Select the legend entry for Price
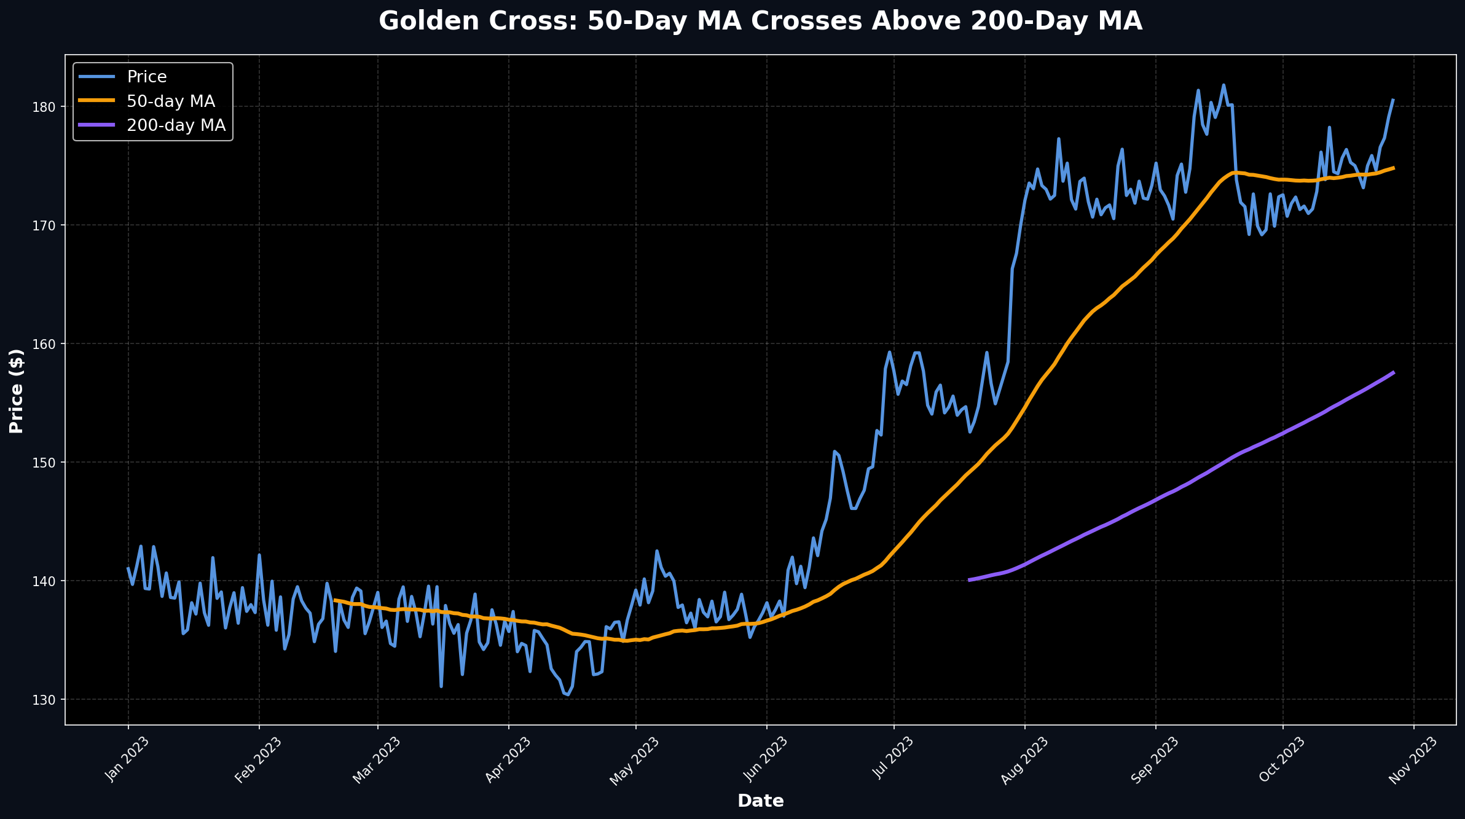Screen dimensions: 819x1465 point(146,77)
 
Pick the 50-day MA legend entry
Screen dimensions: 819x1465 point(170,101)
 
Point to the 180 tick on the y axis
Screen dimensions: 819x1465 point(44,107)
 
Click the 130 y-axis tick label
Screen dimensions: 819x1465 point(44,699)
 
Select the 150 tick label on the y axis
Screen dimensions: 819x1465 point(44,462)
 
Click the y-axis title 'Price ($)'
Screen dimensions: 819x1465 point(17,391)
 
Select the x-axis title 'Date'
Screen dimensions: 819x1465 point(760,801)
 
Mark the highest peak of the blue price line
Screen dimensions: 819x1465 point(1223,85)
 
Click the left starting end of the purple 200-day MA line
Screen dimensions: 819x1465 point(969,579)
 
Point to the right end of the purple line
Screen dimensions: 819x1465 point(1393,372)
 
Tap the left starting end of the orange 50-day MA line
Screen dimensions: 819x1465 point(334,600)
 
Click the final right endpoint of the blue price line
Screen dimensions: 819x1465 point(1393,99)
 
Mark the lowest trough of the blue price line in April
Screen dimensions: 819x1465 point(567,695)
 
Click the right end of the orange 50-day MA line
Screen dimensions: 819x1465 point(1393,168)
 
